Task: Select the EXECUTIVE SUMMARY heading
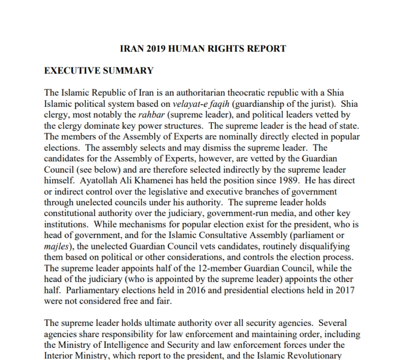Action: click(99, 71)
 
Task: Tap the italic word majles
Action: click(56, 246)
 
